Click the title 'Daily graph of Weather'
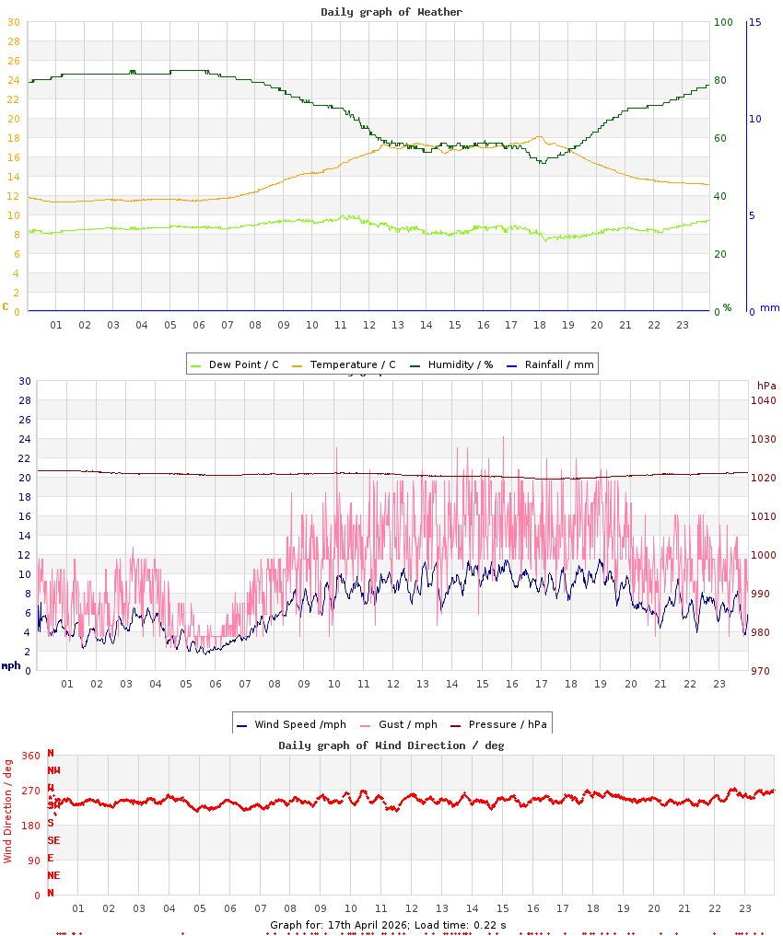391,12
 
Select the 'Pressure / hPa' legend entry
507,724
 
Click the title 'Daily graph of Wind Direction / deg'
391,745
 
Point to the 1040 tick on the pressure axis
764,400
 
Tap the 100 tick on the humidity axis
723,22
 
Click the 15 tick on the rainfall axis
754,22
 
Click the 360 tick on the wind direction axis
30,756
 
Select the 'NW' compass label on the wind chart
53,770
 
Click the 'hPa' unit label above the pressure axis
765,385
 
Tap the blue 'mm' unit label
769,307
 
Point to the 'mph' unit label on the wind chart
10,665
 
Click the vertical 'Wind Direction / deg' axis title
8,810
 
